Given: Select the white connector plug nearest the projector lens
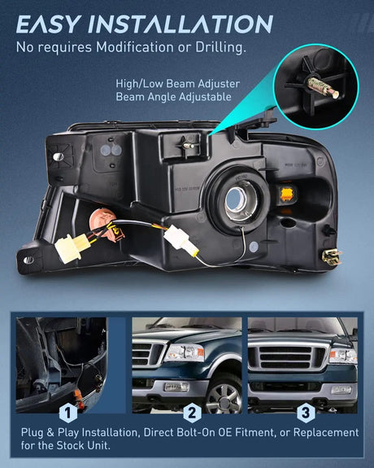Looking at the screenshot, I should click(x=176, y=239).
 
